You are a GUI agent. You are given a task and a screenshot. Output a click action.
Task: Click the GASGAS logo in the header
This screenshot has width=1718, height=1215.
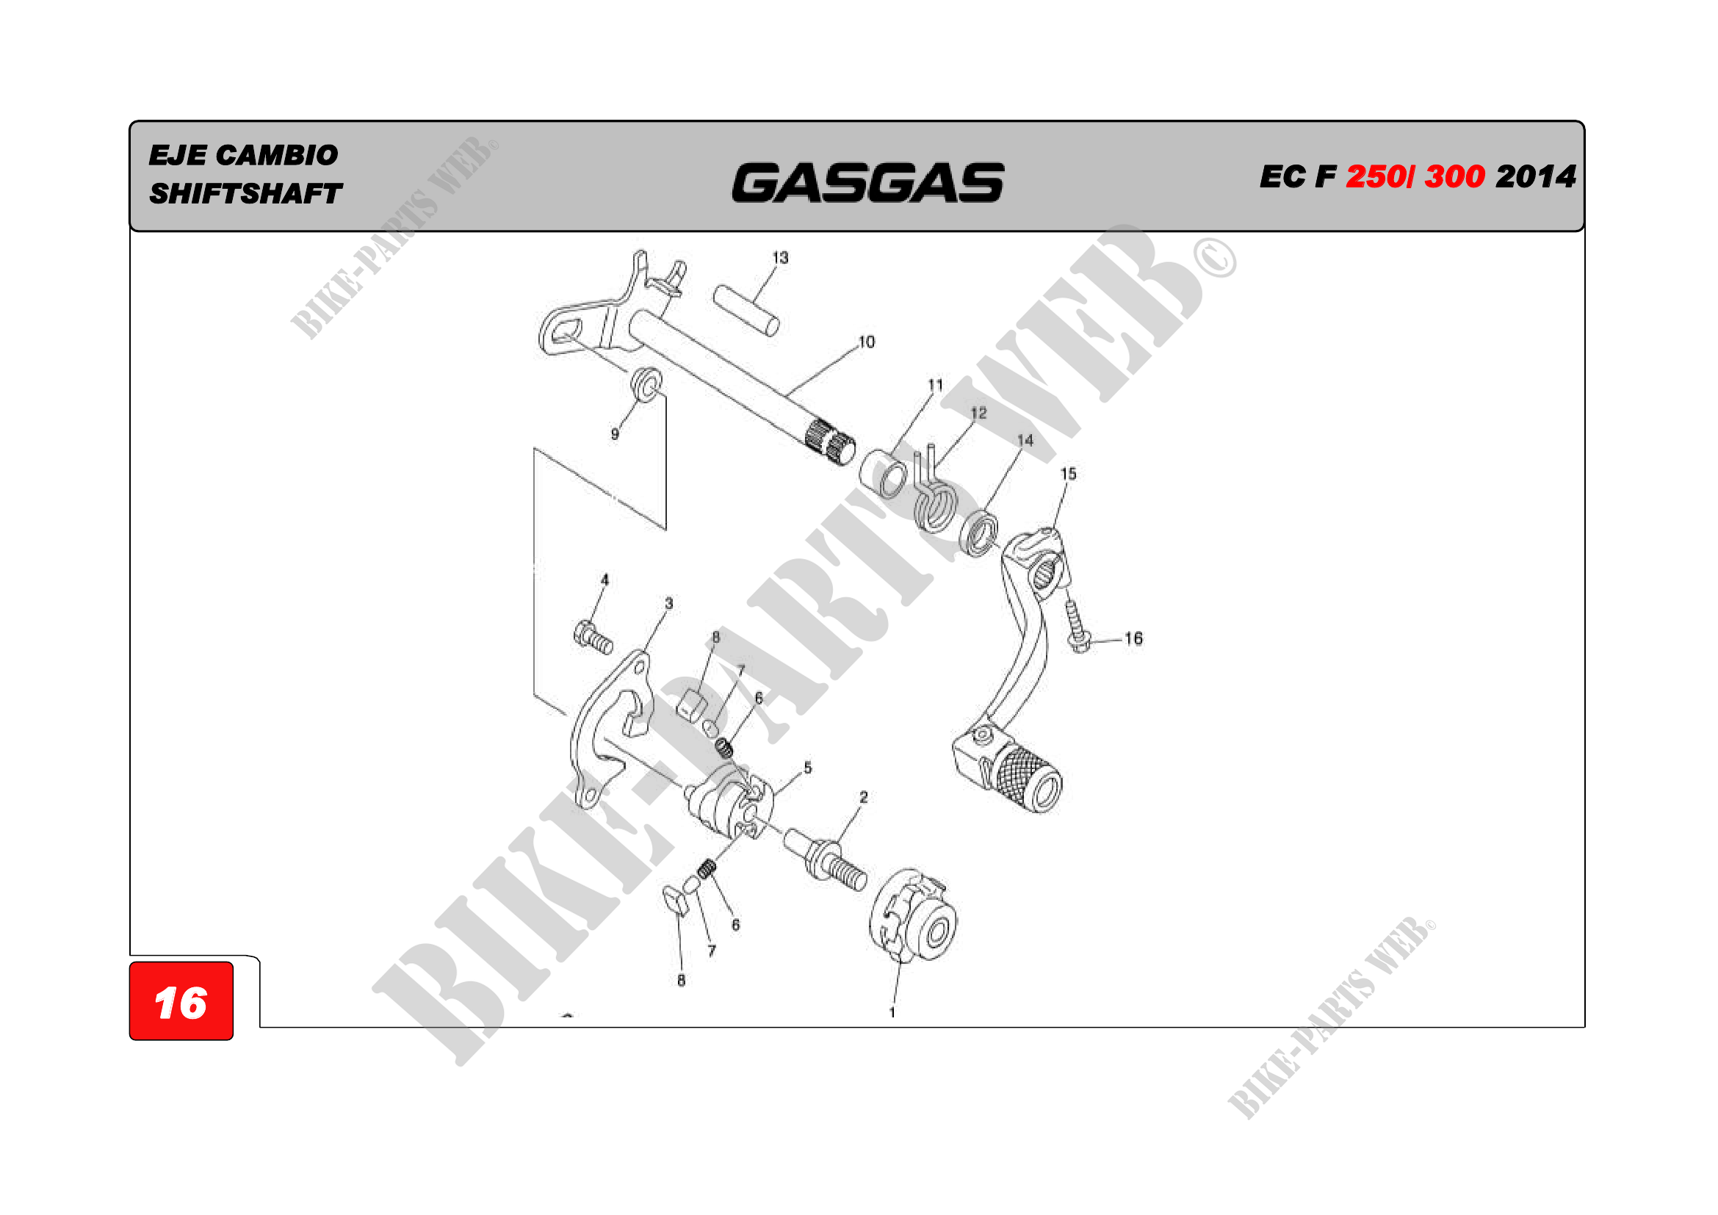click(867, 183)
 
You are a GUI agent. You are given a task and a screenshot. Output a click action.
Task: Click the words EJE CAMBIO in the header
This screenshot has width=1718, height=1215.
click(243, 155)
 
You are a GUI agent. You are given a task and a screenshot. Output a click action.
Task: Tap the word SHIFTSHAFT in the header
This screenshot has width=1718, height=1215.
click(245, 194)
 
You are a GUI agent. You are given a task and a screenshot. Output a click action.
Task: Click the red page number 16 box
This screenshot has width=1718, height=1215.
click(181, 1002)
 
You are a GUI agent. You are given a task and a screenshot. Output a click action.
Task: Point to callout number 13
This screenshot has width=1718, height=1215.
click(781, 258)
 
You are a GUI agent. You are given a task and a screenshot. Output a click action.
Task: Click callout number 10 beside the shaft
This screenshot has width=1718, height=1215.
click(866, 342)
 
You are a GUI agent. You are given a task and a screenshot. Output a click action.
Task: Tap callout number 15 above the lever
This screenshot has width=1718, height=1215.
click(1068, 474)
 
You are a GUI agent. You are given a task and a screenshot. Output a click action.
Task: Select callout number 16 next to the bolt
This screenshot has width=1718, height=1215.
click(1133, 638)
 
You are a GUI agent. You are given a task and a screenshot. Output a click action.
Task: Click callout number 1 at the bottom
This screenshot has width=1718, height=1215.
click(892, 1012)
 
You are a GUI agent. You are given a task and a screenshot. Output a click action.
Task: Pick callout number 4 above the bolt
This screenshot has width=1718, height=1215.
click(604, 580)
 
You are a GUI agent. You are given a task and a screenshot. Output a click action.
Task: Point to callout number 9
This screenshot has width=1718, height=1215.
click(615, 434)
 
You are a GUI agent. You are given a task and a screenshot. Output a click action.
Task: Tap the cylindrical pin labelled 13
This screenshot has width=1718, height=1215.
click(746, 310)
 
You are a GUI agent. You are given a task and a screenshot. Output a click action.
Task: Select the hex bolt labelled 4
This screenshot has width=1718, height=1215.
click(593, 638)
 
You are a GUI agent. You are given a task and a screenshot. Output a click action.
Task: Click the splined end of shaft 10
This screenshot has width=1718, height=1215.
click(831, 441)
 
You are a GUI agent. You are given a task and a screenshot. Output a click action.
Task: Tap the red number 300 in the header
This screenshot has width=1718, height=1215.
click(1454, 176)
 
